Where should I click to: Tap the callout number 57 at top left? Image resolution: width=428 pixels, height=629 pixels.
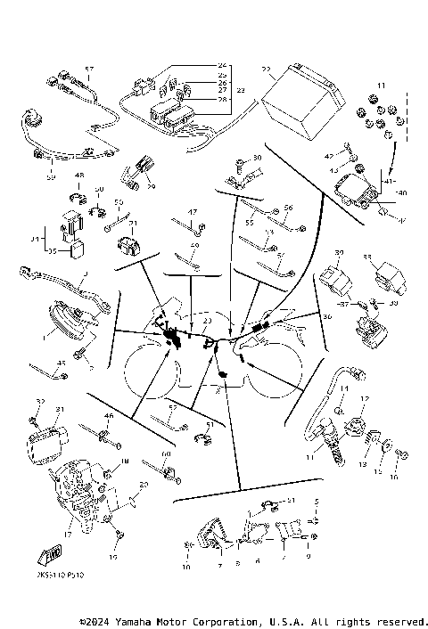point(88,69)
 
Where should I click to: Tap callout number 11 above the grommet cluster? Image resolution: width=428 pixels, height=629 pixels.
point(382,85)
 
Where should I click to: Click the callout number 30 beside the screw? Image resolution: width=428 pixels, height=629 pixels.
point(258,158)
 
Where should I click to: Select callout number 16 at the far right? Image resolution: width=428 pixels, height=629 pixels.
point(395,478)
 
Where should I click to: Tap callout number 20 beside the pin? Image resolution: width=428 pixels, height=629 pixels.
point(144,486)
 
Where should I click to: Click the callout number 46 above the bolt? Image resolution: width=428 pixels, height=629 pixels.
point(109,415)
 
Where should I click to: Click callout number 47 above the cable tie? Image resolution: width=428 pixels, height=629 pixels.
point(191,211)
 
